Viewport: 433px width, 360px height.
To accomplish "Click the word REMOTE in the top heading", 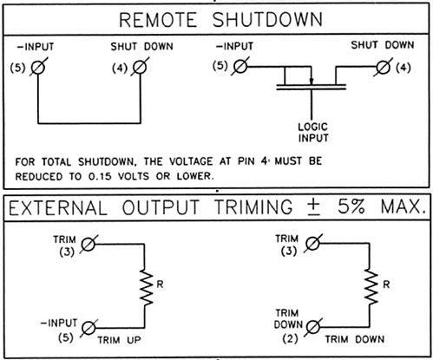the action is click(158, 20).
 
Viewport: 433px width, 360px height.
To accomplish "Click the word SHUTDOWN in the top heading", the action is click(267, 20).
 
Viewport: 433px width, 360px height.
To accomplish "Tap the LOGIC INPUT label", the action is click(313, 133).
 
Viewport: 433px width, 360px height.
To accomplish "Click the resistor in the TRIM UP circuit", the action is click(147, 287).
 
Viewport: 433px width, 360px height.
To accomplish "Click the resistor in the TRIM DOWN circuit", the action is click(371, 286).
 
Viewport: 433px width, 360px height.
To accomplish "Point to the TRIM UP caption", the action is click(119, 340).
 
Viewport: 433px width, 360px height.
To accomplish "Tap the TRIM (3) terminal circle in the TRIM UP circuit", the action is click(88, 244).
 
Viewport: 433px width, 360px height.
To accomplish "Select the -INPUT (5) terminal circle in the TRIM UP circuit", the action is click(89, 328).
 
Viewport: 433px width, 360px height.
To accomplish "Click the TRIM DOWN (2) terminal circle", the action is click(313, 327).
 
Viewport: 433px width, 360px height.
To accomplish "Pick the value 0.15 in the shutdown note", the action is click(100, 176).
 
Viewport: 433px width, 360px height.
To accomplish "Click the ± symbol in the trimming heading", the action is click(315, 207).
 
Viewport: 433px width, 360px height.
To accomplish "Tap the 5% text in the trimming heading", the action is click(351, 206).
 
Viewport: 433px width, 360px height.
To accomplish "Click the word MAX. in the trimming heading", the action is click(403, 206).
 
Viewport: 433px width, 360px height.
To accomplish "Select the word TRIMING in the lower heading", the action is click(253, 207).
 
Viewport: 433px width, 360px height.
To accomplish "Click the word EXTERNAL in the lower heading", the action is click(58, 207).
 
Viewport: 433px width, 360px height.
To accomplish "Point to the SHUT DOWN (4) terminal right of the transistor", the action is click(384, 68).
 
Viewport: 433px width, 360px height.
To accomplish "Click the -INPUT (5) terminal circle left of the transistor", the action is click(240, 67).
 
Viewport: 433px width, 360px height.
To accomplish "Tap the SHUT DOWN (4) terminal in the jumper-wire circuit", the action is click(140, 68).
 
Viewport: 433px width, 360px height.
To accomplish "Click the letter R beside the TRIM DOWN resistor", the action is click(386, 285).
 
